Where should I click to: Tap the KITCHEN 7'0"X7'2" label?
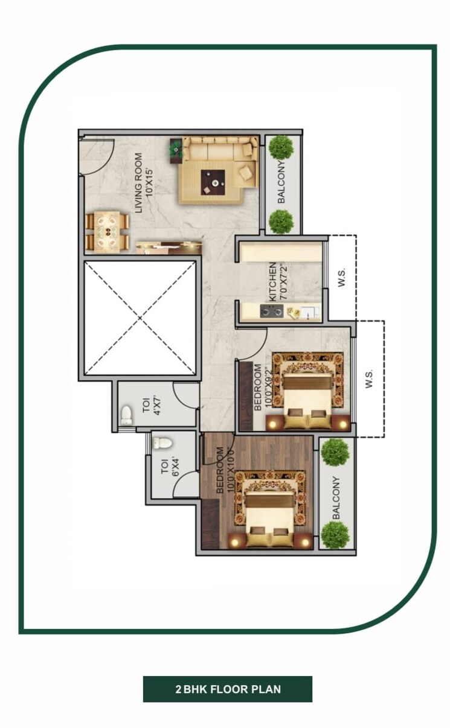277,281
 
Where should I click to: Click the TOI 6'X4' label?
170,463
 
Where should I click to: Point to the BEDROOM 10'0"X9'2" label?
263,386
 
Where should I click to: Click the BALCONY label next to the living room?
281,184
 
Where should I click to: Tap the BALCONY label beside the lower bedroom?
336,497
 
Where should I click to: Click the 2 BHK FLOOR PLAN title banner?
228,689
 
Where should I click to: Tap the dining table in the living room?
108,230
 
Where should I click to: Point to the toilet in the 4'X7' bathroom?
126,415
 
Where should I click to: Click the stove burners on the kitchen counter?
272,311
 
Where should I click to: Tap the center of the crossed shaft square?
140,318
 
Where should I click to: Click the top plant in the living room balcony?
281,147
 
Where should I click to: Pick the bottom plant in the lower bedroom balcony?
335,534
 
